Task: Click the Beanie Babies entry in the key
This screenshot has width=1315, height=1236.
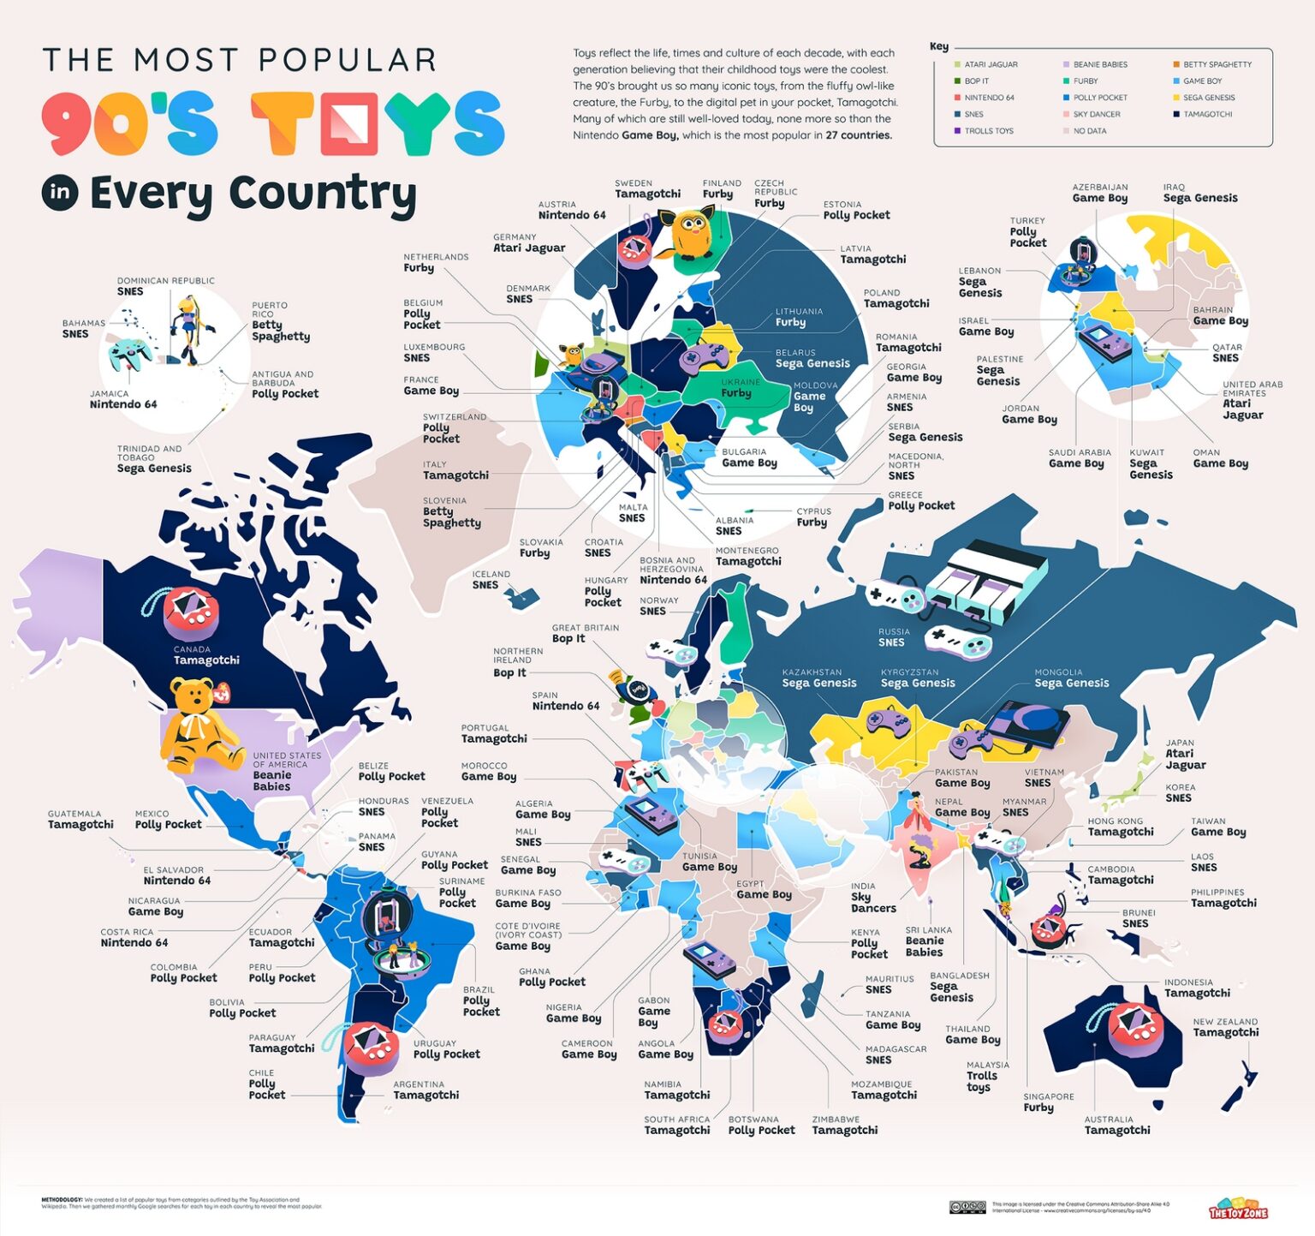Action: (1099, 65)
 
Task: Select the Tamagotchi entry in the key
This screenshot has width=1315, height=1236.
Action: (1207, 114)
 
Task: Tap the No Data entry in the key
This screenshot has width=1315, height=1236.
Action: (1089, 131)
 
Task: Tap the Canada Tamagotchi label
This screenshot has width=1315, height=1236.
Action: (205, 656)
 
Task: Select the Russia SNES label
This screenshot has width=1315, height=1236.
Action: (893, 638)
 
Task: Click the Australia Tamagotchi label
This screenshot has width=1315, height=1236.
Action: (1116, 1126)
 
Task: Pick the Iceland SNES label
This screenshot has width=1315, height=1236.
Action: (491, 580)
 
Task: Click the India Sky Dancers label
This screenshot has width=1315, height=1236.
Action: (872, 899)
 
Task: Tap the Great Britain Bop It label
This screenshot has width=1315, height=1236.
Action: (585, 634)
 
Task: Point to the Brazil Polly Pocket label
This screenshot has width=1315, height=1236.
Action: (480, 1001)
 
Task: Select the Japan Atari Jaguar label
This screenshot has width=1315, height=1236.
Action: (1185, 755)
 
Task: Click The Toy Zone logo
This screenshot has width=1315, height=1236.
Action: (1238, 1209)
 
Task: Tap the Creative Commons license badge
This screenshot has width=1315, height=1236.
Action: (967, 1207)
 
